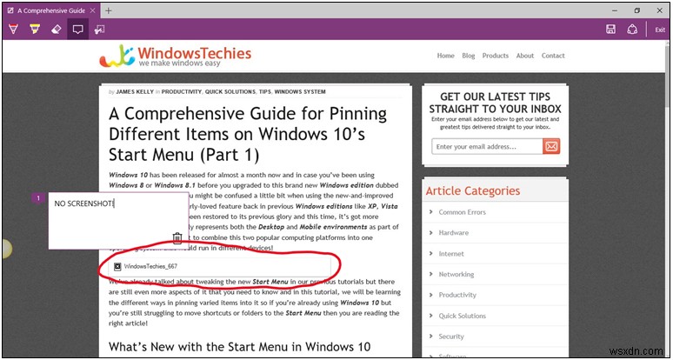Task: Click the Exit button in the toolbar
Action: [x=660, y=29]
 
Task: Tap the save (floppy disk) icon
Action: [x=610, y=29]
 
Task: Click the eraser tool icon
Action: [x=57, y=29]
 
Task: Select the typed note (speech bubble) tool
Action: [x=78, y=29]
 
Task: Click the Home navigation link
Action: [x=445, y=56]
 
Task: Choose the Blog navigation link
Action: [x=469, y=56]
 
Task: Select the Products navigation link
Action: [x=496, y=56]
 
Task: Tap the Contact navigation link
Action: [x=553, y=56]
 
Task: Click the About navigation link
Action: [x=525, y=56]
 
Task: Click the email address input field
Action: [x=486, y=146]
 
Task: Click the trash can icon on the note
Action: [x=177, y=237]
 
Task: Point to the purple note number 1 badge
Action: [x=37, y=198]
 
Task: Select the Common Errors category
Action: [x=462, y=212]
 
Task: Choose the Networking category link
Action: [x=456, y=274]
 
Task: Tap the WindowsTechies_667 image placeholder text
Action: [x=150, y=266]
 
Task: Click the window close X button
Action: [x=660, y=10]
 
